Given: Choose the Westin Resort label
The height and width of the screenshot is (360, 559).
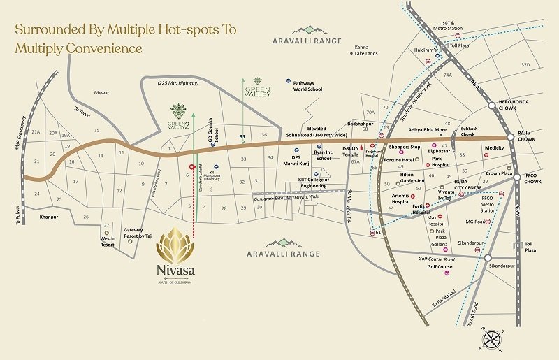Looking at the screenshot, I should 107,242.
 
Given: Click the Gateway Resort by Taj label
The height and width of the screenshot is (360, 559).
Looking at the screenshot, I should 138,233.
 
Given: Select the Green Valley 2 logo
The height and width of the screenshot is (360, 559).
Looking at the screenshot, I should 178,118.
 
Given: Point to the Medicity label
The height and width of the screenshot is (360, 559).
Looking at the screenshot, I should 494,147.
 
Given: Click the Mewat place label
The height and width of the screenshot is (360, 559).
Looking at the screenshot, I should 102,92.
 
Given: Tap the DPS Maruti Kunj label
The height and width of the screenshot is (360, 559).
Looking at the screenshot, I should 300,161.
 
